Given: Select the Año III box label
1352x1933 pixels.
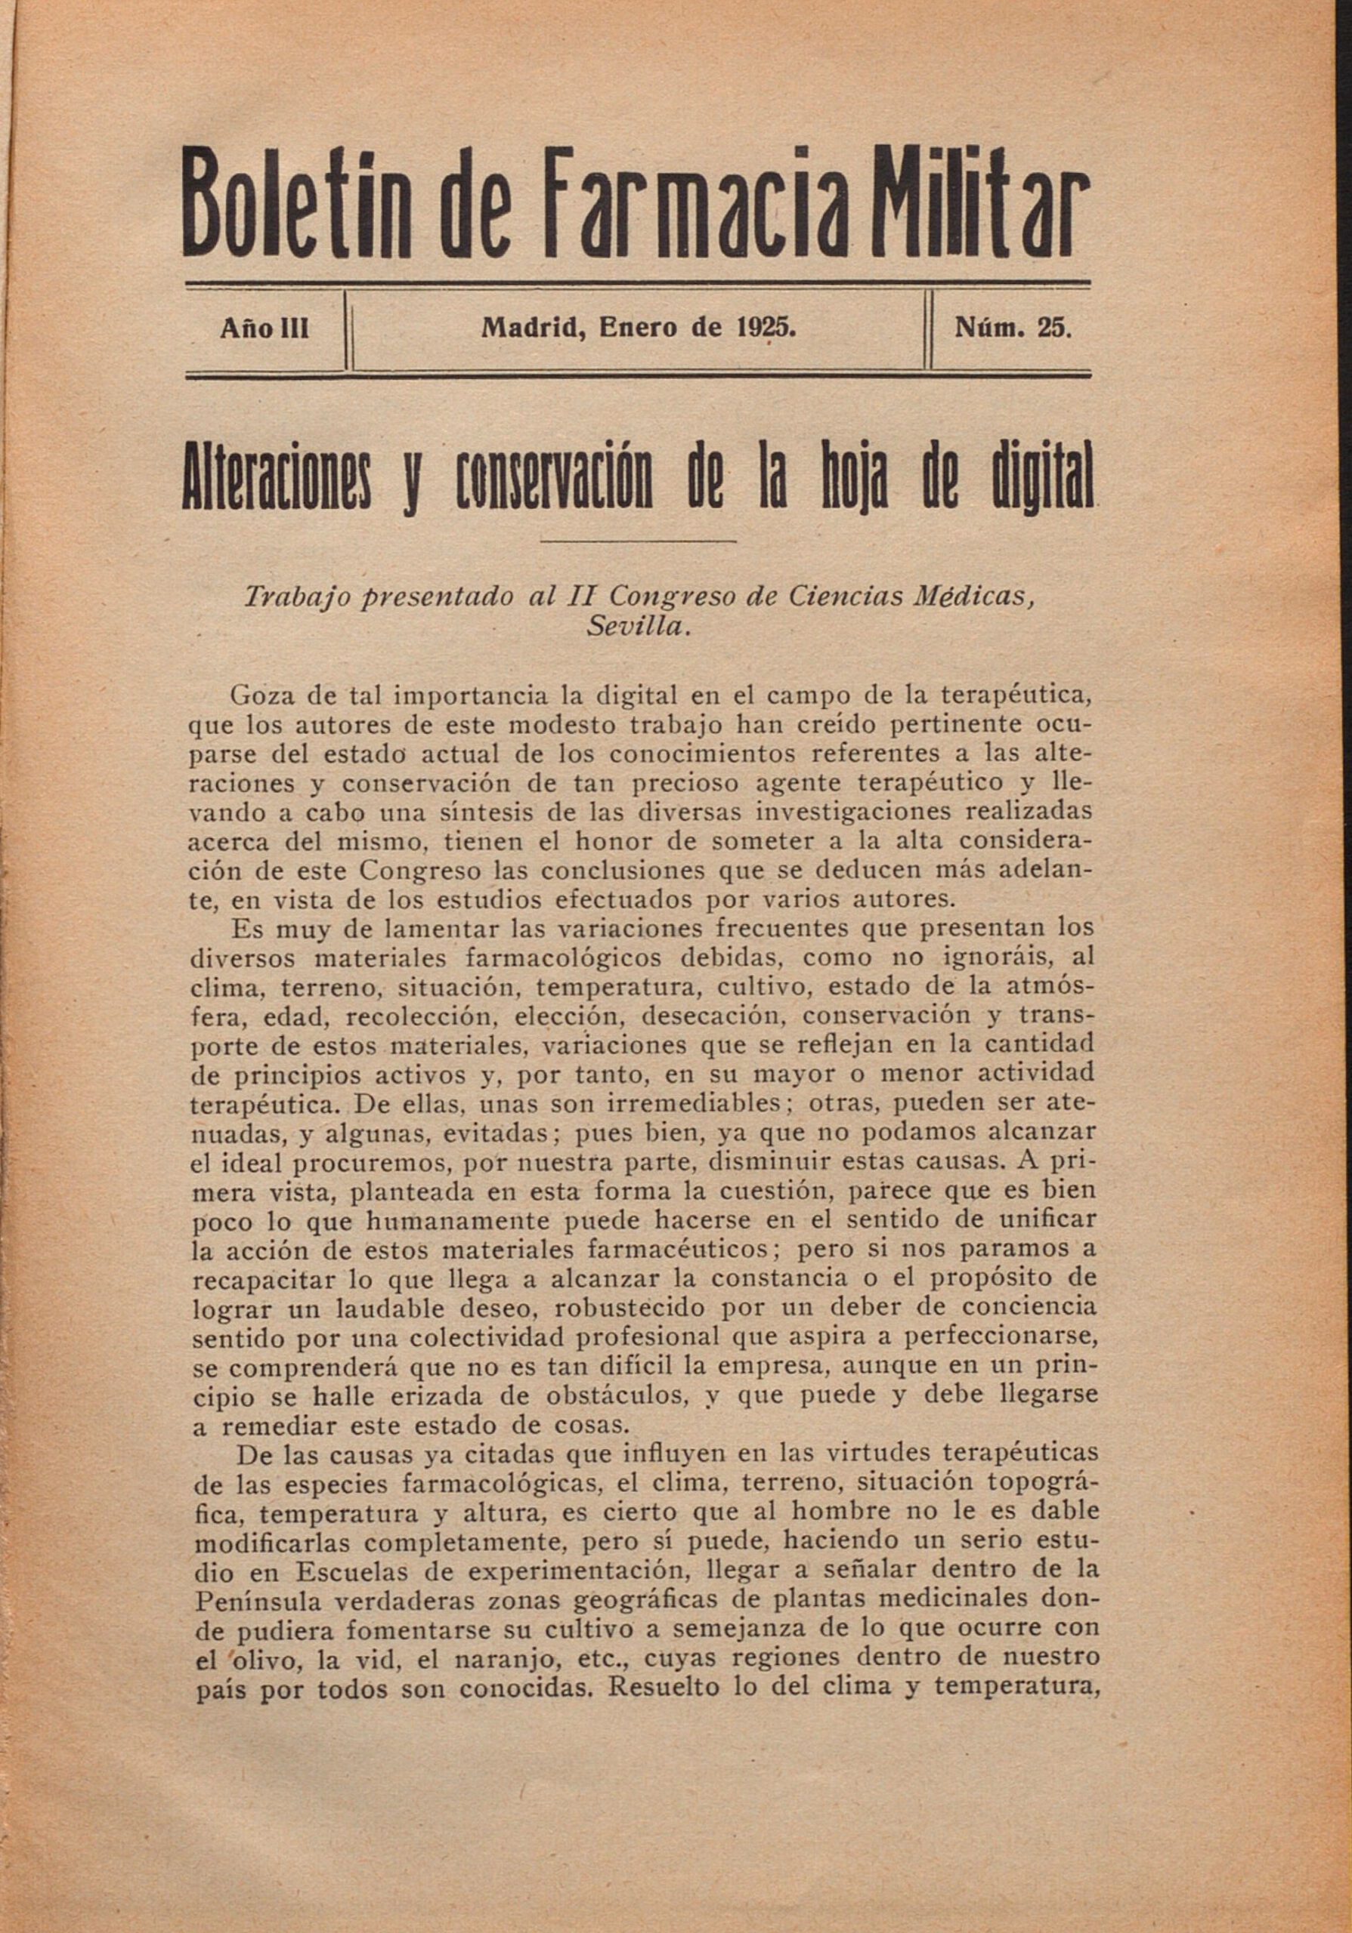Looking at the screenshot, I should click(265, 329).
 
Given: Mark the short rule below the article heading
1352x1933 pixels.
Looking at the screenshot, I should click(638, 541).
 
